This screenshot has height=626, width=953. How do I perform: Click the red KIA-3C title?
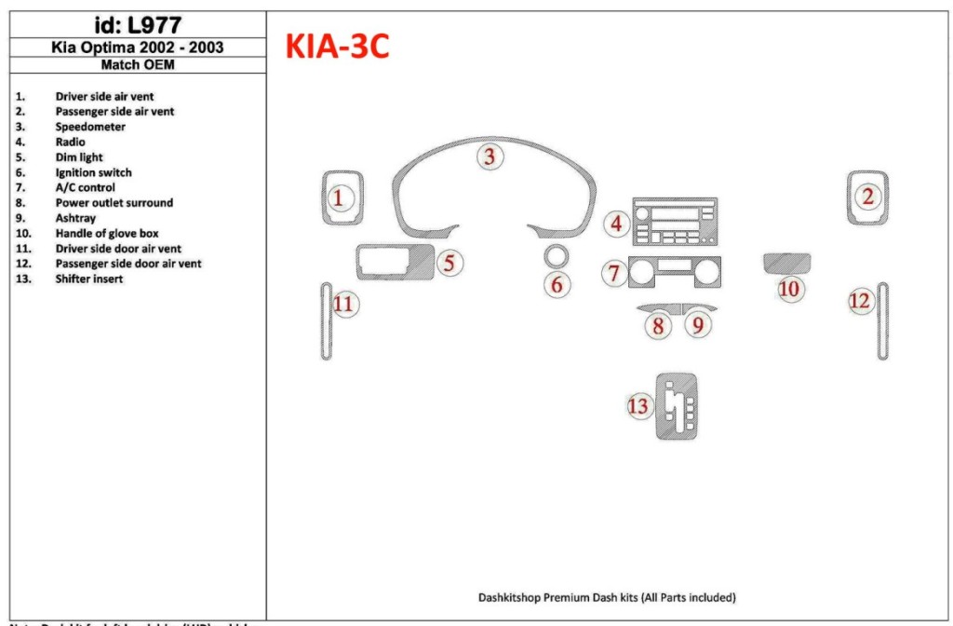coord(337,47)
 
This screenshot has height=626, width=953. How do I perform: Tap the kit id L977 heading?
coord(138,25)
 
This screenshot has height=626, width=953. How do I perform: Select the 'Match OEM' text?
coord(138,65)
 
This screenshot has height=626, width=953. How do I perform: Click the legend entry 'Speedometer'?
coord(90,127)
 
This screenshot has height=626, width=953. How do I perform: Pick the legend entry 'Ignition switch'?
coord(93,172)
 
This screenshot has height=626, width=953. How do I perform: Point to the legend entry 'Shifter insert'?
coord(89,279)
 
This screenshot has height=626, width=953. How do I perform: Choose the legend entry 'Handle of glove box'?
coord(107,233)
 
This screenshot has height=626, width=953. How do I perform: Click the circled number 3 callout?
coord(490,156)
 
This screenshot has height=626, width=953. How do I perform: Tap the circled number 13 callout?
coord(638,406)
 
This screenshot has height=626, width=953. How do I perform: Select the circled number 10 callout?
coord(789,289)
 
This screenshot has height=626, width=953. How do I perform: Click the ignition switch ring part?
coord(557,255)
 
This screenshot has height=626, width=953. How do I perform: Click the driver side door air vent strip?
coord(326,320)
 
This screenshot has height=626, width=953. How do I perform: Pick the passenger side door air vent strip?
coord(881,320)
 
